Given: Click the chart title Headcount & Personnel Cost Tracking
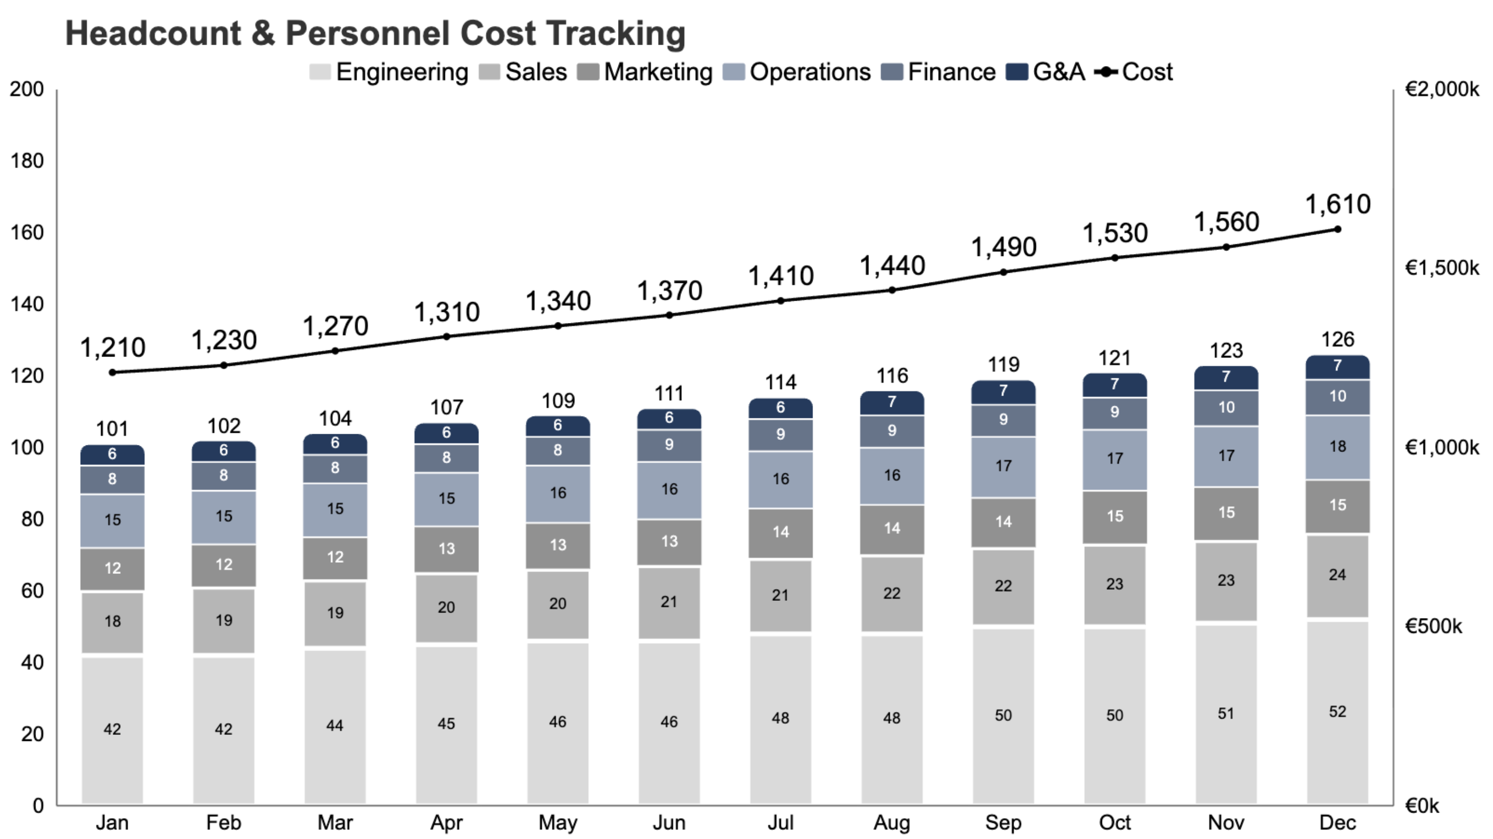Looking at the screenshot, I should pyautogui.click(x=375, y=33).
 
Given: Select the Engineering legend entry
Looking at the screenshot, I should pyautogui.click(x=388, y=73).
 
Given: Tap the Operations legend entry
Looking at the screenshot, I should pyautogui.click(x=797, y=73).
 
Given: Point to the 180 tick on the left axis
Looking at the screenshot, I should pyautogui.click(x=26, y=161).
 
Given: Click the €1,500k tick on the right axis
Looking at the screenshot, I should pyautogui.click(x=1441, y=268).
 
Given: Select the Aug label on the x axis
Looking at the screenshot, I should pyautogui.click(x=892, y=822).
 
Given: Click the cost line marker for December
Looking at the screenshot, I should pyautogui.click(x=1338, y=229).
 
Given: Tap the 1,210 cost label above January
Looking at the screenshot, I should pyautogui.click(x=112, y=348).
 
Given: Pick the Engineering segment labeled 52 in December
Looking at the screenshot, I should pyautogui.click(x=1338, y=712).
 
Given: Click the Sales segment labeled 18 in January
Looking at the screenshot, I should pyautogui.click(x=112, y=622).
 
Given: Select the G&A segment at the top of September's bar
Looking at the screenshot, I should pyautogui.click(x=1003, y=392).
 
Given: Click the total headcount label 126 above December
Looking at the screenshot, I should pyautogui.click(x=1338, y=339).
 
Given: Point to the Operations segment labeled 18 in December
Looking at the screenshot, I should pyautogui.click(x=1338, y=446).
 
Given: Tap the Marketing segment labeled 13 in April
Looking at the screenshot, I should pyautogui.click(x=446, y=548).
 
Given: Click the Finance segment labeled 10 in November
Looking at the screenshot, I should pyautogui.click(x=1226, y=408).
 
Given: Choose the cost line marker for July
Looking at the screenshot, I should pyautogui.click(x=781, y=300).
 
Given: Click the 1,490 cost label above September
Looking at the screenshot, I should pyautogui.click(x=1003, y=247).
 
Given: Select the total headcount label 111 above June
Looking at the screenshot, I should pyautogui.click(x=669, y=394).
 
